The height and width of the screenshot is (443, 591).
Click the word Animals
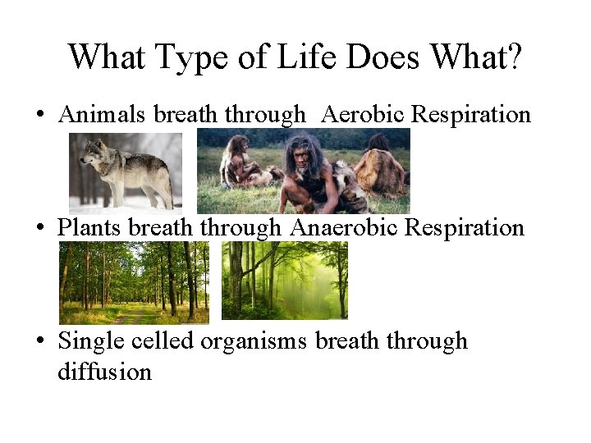pyautogui.click(x=103, y=115)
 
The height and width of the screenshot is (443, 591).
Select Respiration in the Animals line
pyautogui.click(x=471, y=116)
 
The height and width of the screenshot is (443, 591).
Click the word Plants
pyautogui.click(x=90, y=227)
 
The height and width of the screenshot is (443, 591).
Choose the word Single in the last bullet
pyautogui.click(x=89, y=341)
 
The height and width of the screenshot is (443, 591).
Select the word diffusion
pyautogui.click(x=104, y=372)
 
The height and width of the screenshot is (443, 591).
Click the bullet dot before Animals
pyautogui.click(x=39, y=116)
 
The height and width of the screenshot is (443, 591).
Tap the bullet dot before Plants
pyautogui.click(x=39, y=228)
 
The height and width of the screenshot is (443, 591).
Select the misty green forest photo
pyautogui.click(x=285, y=281)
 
